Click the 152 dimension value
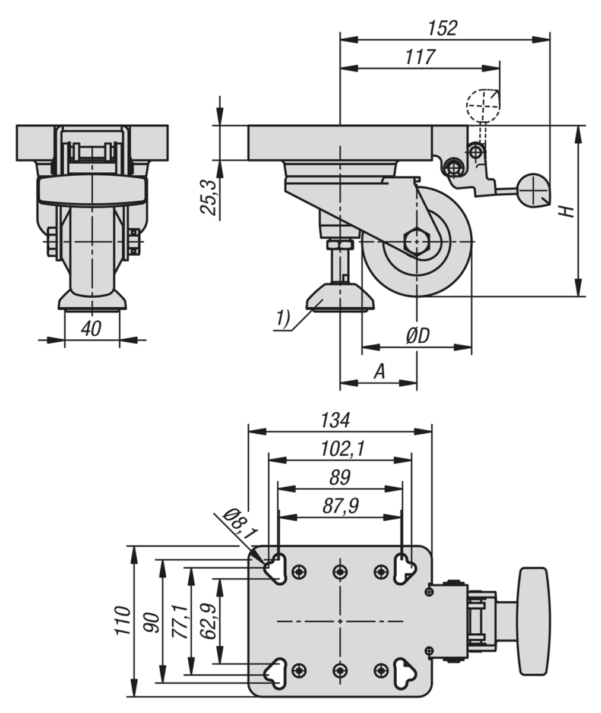(x=442, y=27)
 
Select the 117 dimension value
(x=420, y=57)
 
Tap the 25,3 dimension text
(x=208, y=197)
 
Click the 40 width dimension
(x=91, y=329)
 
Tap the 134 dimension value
(x=336, y=419)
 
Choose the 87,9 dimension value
(x=340, y=506)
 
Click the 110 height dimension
(x=123, y=620)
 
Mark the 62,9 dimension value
(x=208, y=620)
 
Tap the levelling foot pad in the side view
(x=340, y=298)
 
